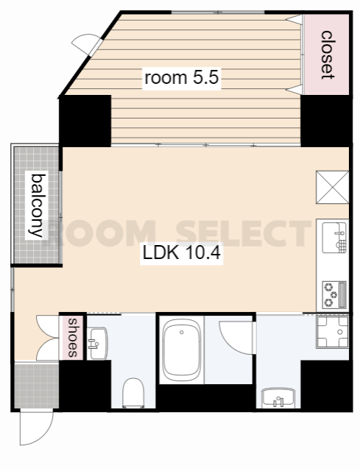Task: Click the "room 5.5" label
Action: pos(182,78)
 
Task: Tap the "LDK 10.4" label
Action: pos(182,253)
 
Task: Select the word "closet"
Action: pos(327,54)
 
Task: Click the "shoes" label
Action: pos(73,337)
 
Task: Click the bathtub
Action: pos(182,350)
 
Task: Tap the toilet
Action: pos(133,393)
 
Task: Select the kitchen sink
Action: pos(334,238)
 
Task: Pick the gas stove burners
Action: pos(334,294)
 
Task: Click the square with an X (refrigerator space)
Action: pos(332,187)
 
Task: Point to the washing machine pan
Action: pos(332,332)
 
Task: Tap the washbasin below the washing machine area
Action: pos(278,398)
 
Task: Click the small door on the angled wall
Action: pos(87,44)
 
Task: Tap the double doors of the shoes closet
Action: pos(48,338)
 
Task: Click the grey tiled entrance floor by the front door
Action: pos(36,386)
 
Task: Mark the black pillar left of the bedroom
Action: pos(85,121)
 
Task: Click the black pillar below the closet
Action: pos(326,121)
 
